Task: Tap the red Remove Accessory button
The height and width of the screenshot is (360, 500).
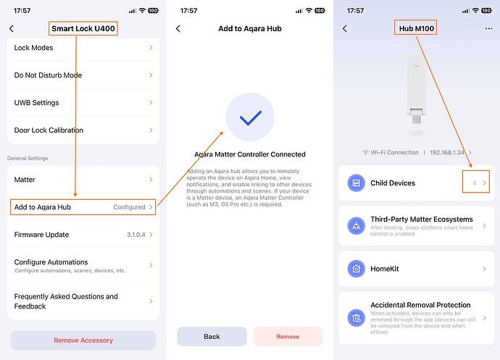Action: point(83,340)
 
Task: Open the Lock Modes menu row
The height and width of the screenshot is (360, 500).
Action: point(83,48)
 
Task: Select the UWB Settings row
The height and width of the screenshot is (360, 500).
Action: point(83,103)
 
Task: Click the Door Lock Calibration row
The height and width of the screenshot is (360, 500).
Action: point(83,130)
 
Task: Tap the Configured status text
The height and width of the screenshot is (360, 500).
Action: point(129,207)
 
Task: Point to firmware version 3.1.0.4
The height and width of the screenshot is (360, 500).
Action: point(136,235)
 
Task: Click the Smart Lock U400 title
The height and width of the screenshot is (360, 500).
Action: point(83,28)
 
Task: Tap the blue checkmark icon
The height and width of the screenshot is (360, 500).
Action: point(250,117)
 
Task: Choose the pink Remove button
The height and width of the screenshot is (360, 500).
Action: point(288,336)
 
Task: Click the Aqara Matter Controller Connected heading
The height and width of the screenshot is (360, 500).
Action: point(250,154)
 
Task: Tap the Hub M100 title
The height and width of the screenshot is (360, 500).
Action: point(417,28)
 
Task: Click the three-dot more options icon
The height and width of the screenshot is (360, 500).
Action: point(488,29)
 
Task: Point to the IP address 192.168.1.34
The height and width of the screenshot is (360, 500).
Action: point(447,152)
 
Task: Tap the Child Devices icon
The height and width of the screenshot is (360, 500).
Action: point(357,183)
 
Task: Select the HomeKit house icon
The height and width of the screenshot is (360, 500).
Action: point(357,269)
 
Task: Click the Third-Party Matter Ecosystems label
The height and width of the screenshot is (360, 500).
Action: point(422,219)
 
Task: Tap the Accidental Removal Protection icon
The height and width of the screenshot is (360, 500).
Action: point(357,318)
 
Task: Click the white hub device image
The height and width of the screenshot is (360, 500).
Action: point(416,88)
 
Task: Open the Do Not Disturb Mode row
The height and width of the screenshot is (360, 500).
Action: point(83,75)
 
